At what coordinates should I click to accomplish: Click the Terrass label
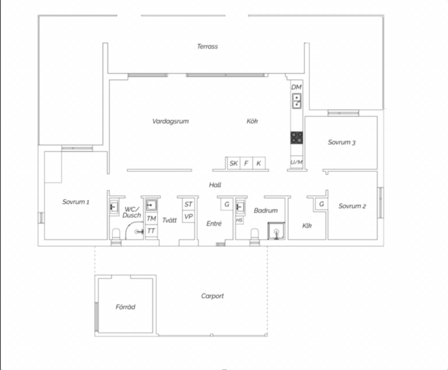point(208,46)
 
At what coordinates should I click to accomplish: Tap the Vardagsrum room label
point(170,121)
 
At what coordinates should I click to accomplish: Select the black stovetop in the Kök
point(297,138)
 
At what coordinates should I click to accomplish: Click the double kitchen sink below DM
point(297,101)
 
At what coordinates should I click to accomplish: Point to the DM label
point(297,87)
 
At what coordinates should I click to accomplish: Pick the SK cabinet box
point(234,163)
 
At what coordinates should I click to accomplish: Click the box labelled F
point(246,163)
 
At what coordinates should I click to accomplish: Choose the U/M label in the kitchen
point(297,162)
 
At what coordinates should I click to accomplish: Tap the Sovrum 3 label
point(341,142)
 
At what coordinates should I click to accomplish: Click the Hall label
point(215,185)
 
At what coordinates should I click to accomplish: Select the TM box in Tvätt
point(151,219)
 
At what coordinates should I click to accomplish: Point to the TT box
point(151,231)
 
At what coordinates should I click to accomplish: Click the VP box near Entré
point(188,217)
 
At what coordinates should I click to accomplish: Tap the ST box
point(188,204)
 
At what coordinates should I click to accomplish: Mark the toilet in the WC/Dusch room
point(116,234)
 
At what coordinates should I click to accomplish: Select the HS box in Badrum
point(239,220)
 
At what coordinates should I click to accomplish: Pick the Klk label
point(307,226)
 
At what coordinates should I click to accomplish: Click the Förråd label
point(126,307)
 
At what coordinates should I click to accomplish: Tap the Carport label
point(212,296)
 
